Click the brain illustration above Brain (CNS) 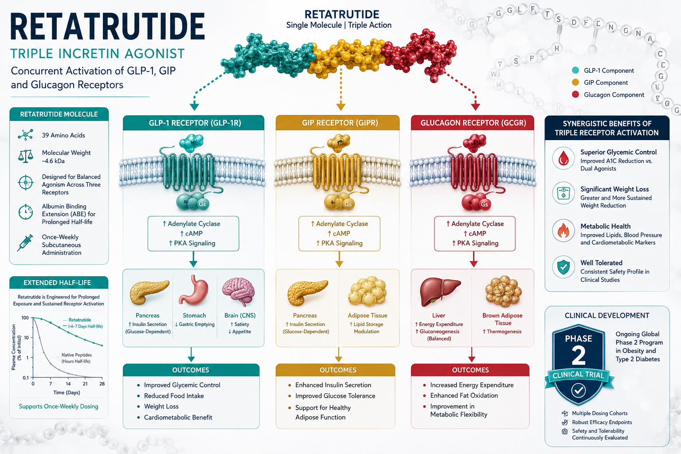239,291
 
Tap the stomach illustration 194,290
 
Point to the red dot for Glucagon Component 575,94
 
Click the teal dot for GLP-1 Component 575,70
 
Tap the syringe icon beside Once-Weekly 25,243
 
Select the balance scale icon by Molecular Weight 26,156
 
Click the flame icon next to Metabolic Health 564,231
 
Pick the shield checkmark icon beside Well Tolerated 564,267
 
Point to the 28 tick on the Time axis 102,384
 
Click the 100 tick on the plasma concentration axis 25,318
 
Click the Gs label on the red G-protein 484,204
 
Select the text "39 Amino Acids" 63,135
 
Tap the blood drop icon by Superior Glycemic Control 564,158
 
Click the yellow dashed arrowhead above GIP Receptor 340,107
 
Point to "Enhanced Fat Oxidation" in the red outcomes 464,395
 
